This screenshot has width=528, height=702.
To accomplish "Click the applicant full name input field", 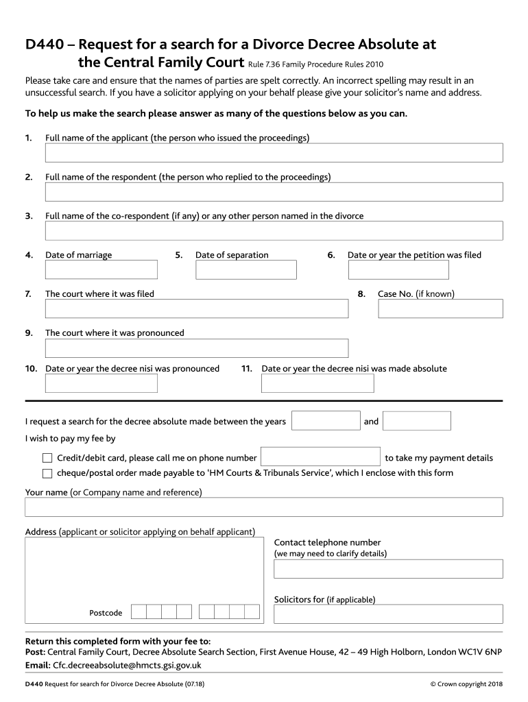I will point(264,153).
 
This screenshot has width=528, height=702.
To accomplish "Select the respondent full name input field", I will point(264,192).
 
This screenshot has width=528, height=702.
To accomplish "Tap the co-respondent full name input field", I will point(264,231).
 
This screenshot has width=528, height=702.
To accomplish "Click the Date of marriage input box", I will point(101,270).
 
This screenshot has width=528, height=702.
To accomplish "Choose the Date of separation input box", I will point(246,270).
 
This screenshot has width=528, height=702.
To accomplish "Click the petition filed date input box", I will point(398,270).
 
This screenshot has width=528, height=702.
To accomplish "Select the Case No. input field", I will point(440,309).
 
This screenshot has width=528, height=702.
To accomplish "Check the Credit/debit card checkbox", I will point(47,458).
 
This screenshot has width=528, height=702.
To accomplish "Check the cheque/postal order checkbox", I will point(47,473).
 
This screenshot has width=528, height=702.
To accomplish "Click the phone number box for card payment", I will point(321,457).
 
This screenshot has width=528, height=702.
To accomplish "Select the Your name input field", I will point(264,507).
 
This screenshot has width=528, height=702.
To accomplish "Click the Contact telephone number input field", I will point(388,569).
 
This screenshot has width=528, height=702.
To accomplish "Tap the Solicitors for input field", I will point(388,614).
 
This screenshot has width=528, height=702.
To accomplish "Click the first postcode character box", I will point(139,612).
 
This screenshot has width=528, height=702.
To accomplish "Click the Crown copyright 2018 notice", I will point(466,684).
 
